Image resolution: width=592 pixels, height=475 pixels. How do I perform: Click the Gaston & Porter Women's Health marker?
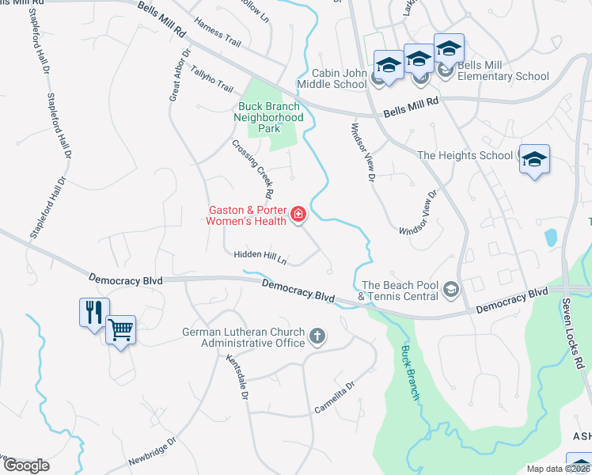(x=298, y=215)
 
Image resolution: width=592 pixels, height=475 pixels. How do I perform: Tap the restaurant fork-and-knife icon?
(x=93, y=311)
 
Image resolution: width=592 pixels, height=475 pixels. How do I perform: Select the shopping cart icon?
(x=120, y=329)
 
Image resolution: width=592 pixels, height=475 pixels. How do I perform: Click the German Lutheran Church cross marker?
(x=317, y=337)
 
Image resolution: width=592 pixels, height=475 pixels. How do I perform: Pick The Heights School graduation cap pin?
(x=534, y=159)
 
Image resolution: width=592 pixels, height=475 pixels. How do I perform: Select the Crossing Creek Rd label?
(x=253, y=169)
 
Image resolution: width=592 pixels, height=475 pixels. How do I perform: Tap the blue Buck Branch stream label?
(x=408, y=371)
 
